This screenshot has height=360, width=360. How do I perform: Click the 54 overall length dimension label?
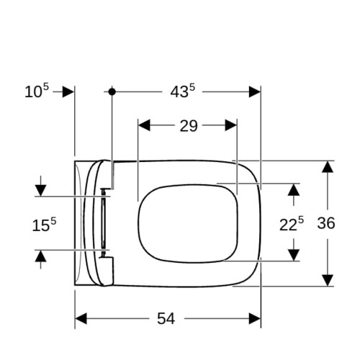coord(166,319)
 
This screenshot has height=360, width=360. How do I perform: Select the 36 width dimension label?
coord(326,223)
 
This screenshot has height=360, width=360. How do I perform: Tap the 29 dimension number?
coord(189,126)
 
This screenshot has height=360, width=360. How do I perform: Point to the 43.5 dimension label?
coord(183,91)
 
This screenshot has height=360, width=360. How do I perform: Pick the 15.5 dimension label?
coord(44,225)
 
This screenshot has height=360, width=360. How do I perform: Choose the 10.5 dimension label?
coord(37,91)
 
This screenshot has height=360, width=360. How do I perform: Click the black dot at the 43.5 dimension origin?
coord(112,91)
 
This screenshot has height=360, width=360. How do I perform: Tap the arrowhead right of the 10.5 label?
coord(68,92)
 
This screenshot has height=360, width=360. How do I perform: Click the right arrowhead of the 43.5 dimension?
coord(255,92)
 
